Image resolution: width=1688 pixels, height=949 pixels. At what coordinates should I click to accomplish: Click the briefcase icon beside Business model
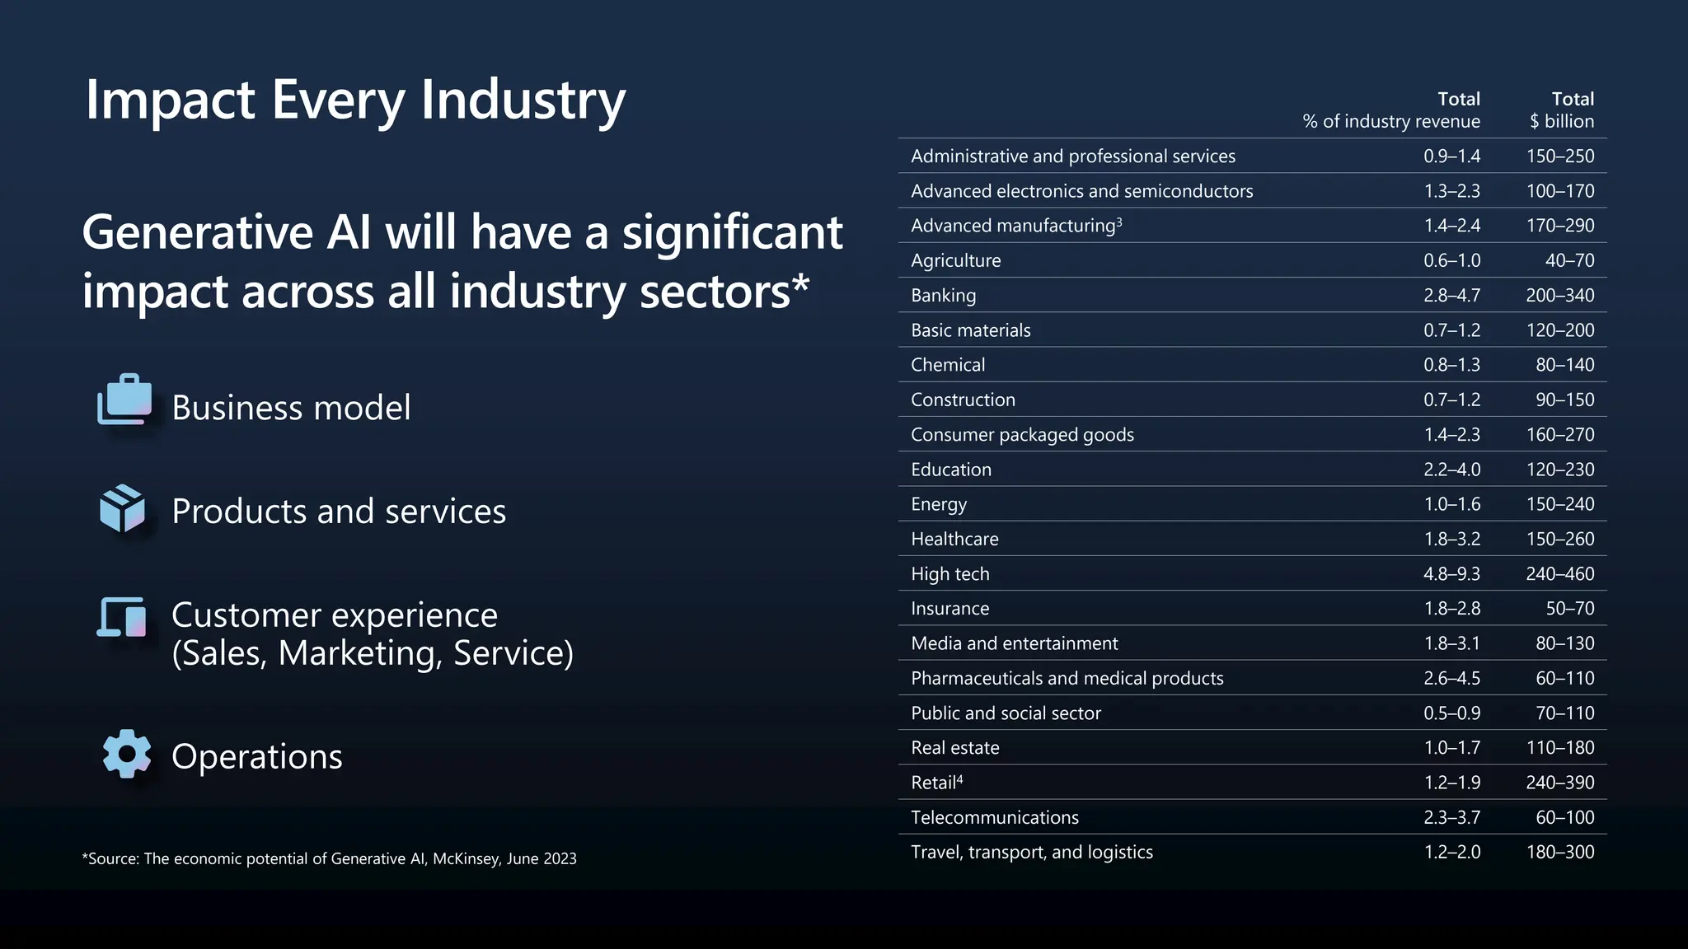(124, 400)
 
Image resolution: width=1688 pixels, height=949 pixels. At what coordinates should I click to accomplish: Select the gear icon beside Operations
(126, 753)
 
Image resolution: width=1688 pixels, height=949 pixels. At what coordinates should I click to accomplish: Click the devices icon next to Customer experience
(122, 617)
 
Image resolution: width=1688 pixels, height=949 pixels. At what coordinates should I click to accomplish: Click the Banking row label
(943, 295)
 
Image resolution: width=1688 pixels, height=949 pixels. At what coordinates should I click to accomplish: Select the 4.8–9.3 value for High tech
(1451, 574)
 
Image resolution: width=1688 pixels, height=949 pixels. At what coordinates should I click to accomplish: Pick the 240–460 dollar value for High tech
(1559, 574)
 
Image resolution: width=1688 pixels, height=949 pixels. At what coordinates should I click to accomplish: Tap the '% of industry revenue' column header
(1391, 122)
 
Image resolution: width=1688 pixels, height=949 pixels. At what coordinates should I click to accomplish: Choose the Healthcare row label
(954, 540)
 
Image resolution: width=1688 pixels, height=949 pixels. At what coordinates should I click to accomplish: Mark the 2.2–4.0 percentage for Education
(1451, 470)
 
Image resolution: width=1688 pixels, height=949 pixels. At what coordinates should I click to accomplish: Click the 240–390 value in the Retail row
(1559, 783)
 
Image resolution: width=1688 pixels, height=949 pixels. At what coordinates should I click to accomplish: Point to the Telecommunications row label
(994, 818)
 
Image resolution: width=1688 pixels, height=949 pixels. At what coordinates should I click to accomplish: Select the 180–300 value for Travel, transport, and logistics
(1559, 853)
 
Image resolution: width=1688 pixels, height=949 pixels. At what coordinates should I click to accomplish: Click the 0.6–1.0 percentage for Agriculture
(1451, 261)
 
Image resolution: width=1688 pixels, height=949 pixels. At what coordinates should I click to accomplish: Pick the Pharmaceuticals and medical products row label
(1067, 679)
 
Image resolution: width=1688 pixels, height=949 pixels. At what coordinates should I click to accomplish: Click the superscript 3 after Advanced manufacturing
(1119, 222)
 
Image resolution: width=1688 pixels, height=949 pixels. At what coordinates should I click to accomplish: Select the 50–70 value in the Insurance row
(1569, 609)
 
